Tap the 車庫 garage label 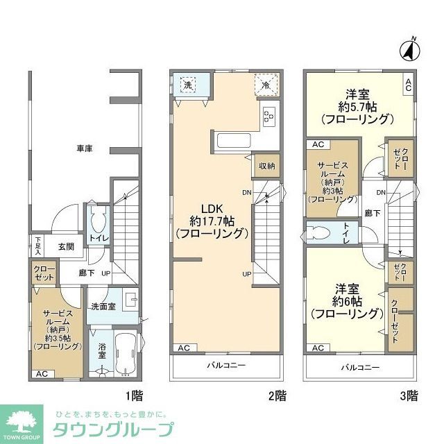pyautogui.click(x=84, y=147)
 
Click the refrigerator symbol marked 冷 pyautogui.click(x=266, y=85)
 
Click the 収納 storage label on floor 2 pyautogui.click(x=267, y=166)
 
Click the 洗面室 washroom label pyautogui.click(x=103, y=306)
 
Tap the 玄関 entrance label pyautogui.click(x=66, y=246)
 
